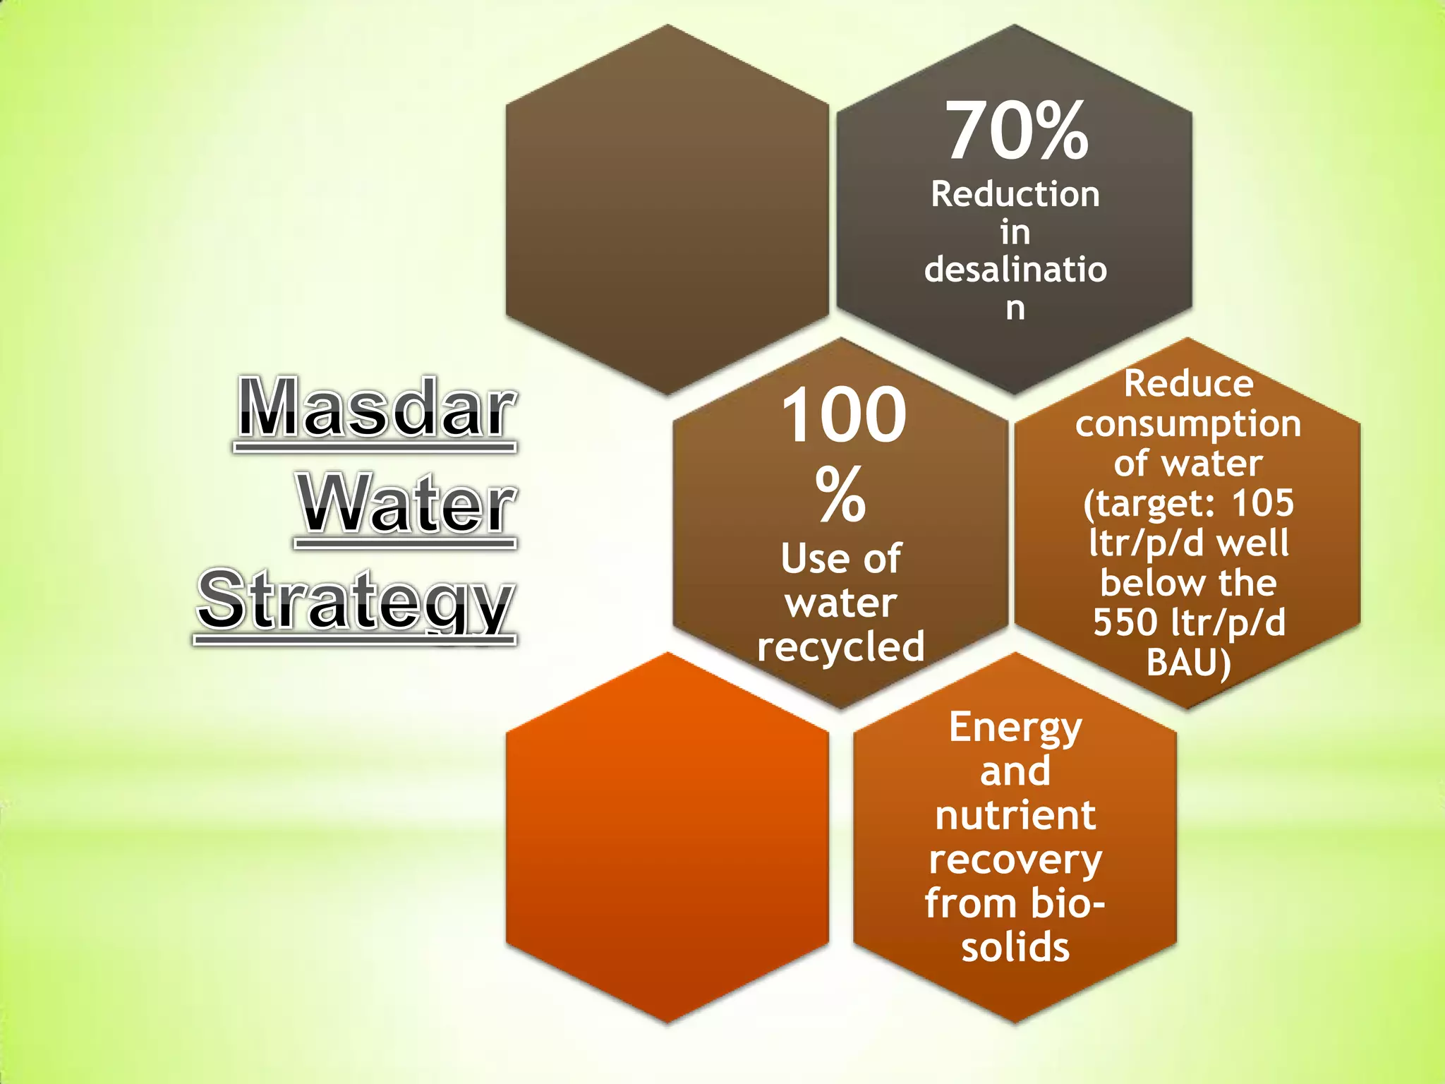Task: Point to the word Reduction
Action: (x=1015, y=194)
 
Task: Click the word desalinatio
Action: (x=1015, y=269)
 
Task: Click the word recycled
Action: (x=840, y=646)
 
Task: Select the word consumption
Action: (x=1188, y=423)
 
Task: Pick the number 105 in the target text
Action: (x=1262, y=503)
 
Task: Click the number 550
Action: (x=1125, y=622)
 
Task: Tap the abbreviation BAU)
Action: (x=1188, y=662)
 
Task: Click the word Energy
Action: (x=1015, y=728)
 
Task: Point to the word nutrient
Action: (x=1015, y=816)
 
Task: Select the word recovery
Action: (x=1015, y=860)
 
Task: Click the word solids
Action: (x=1015, y=947)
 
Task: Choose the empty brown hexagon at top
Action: (x=667, y=209)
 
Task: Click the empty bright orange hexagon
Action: (x=667, y=838)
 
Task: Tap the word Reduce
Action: (x=1188, y=384)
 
